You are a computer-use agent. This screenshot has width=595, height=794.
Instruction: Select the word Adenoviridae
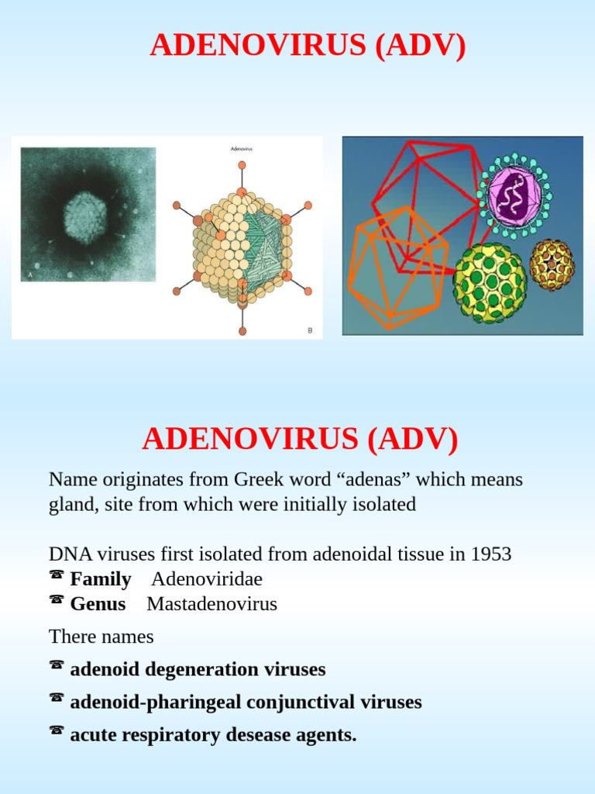(x=207, y=579)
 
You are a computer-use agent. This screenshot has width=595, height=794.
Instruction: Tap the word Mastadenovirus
(x=212, y=604)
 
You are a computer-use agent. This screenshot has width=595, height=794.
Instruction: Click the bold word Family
(x=101, y=579)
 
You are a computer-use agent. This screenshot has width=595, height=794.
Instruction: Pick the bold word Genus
(x=98, y=604)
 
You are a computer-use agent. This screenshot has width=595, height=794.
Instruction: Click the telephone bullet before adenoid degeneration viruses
(x=56, y=665)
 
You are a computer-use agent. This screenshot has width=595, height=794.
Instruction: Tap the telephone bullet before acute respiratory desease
(x=56, y=730)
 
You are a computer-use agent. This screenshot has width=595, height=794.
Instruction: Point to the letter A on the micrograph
(x=30, y=274)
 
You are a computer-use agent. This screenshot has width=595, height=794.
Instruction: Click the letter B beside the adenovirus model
(x=310, y=330)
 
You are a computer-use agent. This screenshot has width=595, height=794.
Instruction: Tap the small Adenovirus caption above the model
(x=242, y=147)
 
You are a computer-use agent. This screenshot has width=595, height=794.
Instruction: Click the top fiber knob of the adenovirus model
(x=242, y=165)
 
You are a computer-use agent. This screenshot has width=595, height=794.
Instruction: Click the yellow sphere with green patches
(x=490, y=282)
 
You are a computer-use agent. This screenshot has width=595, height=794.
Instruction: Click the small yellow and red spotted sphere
(x=552, y=264)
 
